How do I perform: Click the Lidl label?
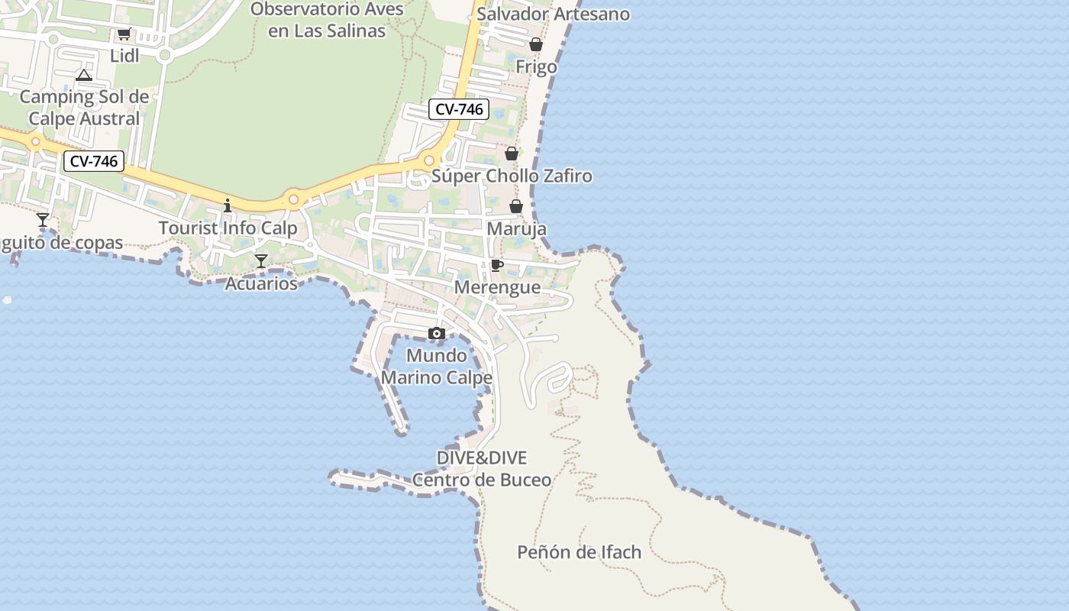click(124, 56)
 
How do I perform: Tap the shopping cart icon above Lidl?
click(124, 34)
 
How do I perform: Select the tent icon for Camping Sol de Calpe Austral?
click(84, 75)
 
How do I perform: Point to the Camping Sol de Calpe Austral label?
click(84, 108)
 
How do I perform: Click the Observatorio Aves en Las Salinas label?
click(328, 20)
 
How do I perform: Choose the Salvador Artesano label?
click(553, 14)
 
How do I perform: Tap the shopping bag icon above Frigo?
click(536, 44)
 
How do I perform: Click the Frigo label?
click(536, 66)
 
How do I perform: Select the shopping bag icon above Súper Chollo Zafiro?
click(512, 154)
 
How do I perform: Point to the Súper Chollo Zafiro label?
click(512, 176)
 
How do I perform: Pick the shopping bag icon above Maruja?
click(516, 206)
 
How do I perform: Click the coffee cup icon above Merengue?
click(497, 265)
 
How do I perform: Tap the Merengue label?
click(497, 287)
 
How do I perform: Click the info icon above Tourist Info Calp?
click(227, 205)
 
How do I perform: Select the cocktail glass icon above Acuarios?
click(261, 261)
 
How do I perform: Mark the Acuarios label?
click(261, 283)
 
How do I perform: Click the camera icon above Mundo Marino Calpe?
click(437, 333)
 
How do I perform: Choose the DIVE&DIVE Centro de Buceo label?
click(482, 468)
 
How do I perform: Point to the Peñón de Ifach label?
click(580, 551)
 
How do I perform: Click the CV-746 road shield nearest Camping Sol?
click(93, 161)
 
